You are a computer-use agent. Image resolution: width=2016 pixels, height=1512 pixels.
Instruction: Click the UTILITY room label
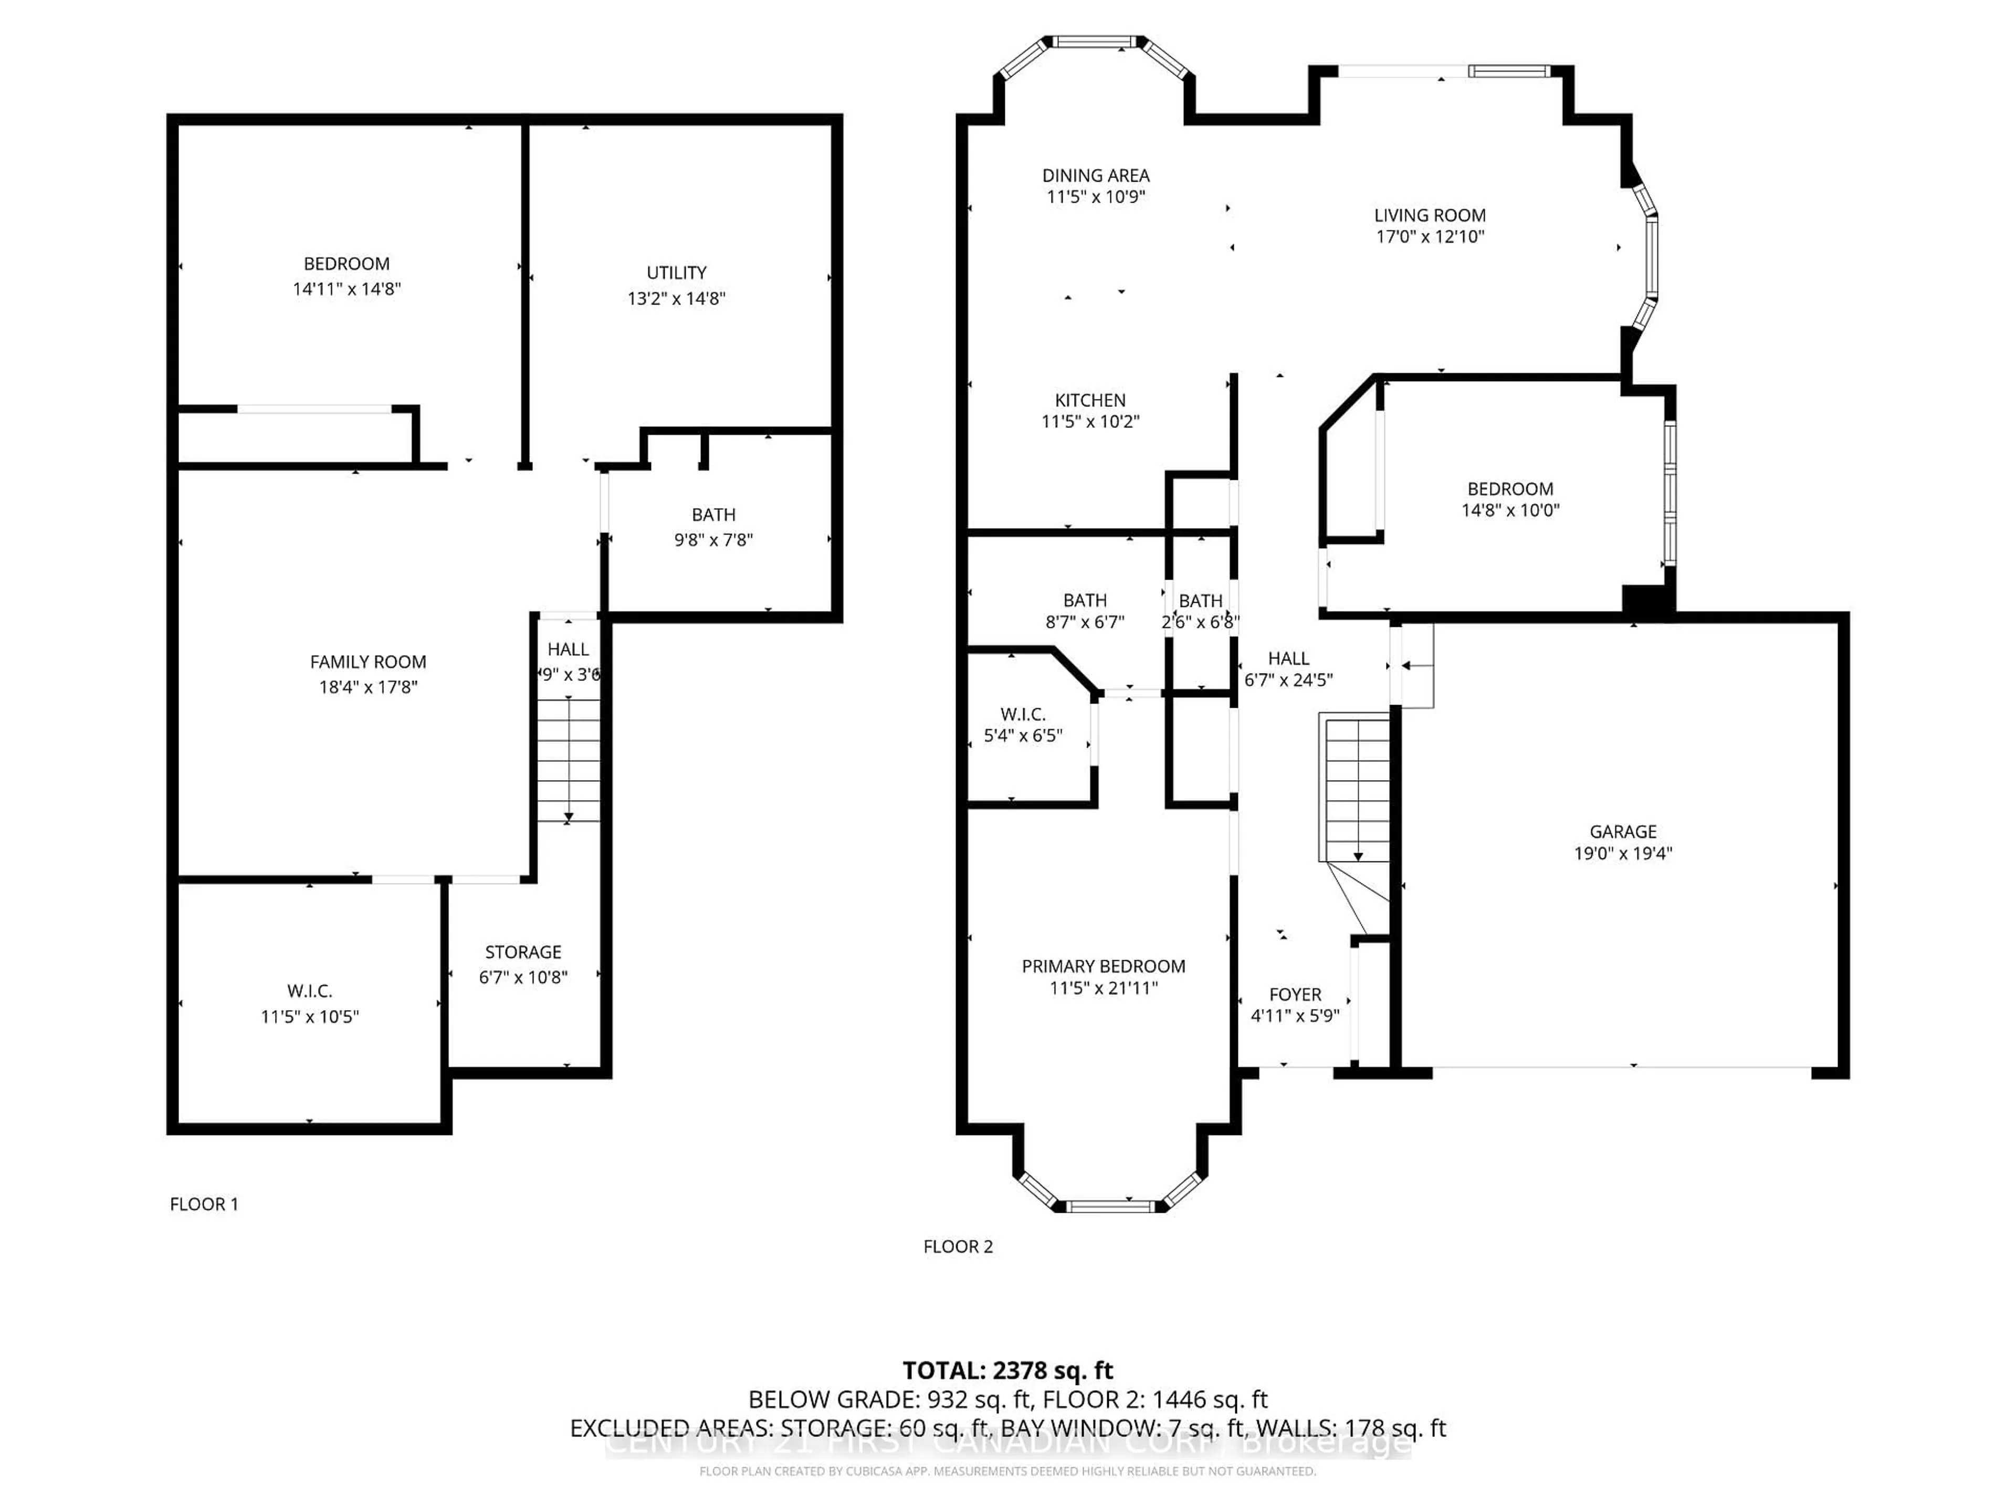pos(676,272)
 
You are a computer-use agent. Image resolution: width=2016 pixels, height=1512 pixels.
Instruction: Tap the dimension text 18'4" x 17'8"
pos(367,687)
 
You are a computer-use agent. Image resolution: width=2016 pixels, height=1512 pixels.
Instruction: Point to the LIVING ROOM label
pos(1429,215)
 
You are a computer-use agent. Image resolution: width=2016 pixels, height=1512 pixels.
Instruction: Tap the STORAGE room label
pos(522,951)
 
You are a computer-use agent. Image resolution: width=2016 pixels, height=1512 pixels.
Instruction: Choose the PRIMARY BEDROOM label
pos(1103,966)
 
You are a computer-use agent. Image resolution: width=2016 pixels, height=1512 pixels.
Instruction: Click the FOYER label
pos(1294,994)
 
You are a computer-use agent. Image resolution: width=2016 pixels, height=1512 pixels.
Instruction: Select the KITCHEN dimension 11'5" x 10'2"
pos(1090,421)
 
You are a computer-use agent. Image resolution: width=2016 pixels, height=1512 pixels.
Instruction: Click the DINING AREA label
pos(1096,175)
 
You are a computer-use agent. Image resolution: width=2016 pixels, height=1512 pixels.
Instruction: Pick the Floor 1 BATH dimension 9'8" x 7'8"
pos(713,540)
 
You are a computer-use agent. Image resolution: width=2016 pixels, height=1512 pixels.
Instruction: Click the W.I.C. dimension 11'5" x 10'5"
pos(310,1016)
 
